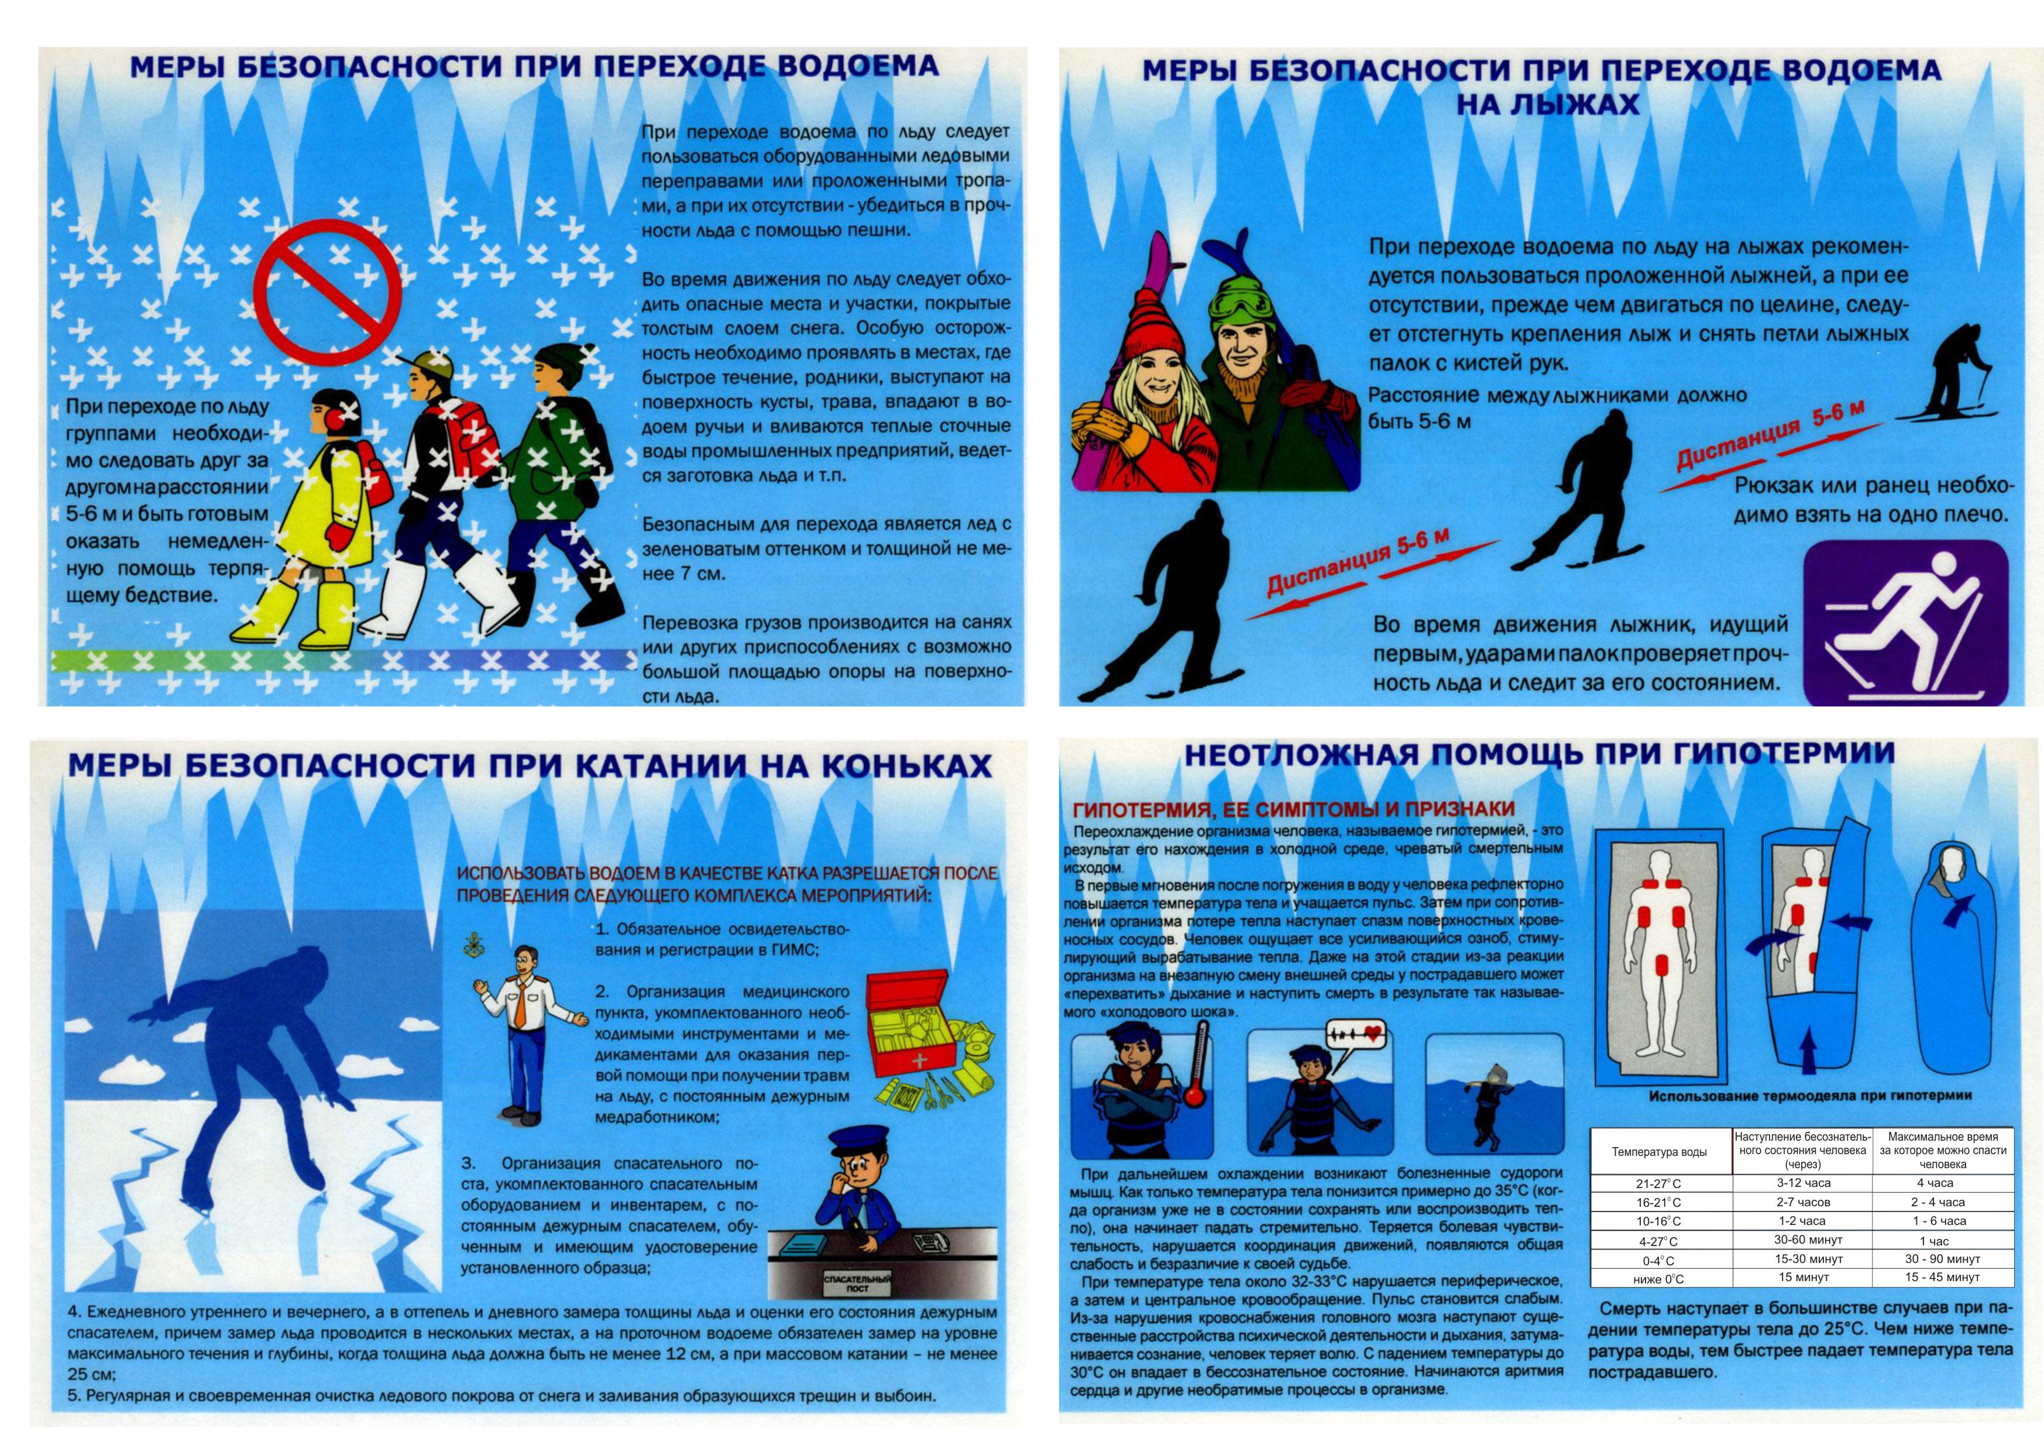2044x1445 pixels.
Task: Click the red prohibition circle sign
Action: (x=328, y=293)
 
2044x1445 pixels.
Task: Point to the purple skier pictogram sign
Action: (x=1906, y=622)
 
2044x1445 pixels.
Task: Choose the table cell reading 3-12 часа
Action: (x=1803, y=1183)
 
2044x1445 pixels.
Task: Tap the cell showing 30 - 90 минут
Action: (x=1943, y=1259)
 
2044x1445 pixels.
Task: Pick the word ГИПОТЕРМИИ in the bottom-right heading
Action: (x=1783, y=753)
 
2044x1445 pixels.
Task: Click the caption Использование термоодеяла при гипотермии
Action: (x=1810, y=1096)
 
